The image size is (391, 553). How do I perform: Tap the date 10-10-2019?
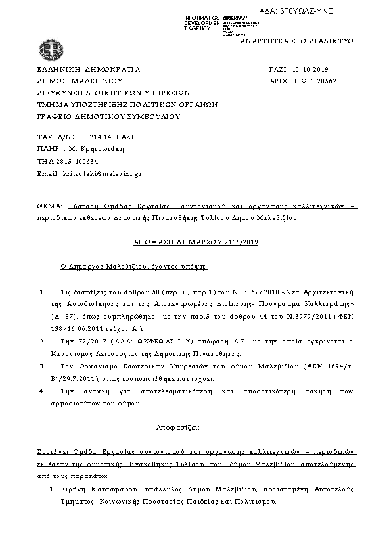coord(311,68)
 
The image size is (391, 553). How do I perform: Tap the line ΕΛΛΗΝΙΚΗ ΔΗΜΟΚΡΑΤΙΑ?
coord(89,68)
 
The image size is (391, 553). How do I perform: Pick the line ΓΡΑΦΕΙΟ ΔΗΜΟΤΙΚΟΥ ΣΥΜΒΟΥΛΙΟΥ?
coord(108,116)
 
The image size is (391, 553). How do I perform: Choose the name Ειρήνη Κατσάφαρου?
coord(86,489)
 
